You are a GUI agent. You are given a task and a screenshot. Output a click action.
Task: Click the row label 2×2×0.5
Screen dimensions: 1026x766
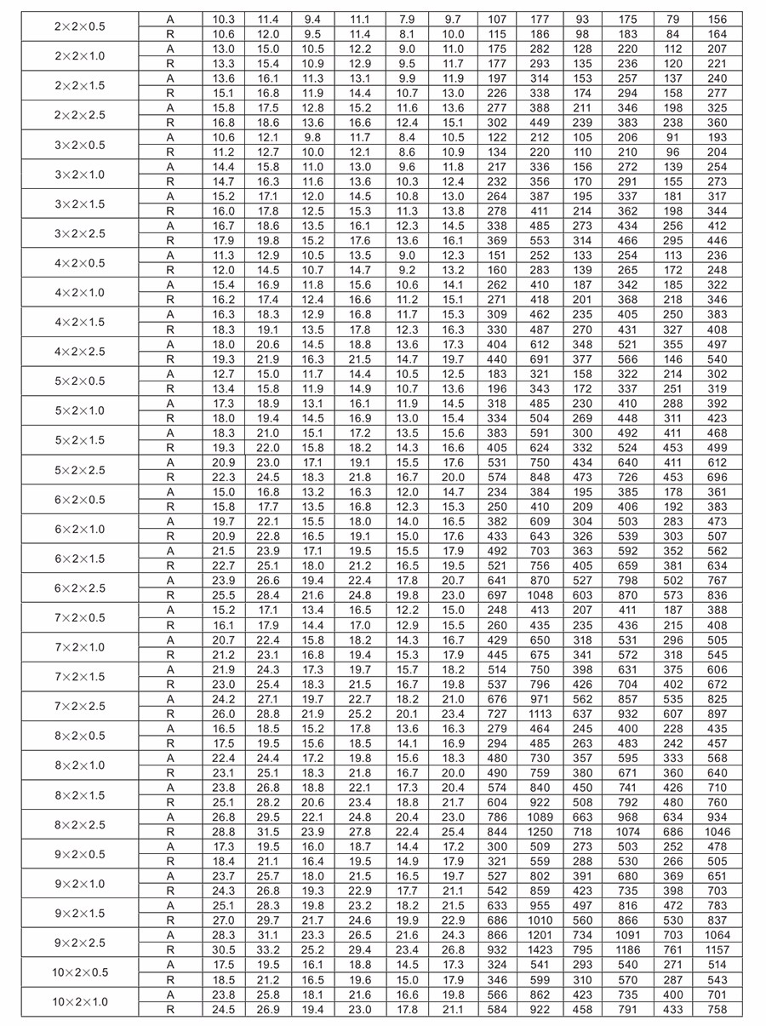[x=80, y=26]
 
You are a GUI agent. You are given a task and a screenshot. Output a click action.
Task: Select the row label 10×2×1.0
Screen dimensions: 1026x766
[x=80, y=1001]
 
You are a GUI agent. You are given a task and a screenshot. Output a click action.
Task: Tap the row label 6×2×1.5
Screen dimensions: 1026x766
[x=80, y=559]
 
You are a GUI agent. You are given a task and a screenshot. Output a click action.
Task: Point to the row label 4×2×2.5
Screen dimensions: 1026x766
[x=80, y=352]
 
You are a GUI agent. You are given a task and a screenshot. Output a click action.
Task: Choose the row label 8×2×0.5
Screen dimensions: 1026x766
[x=80, y=736]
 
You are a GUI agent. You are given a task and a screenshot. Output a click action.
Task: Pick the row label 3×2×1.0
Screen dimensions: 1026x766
[x=80, y=175]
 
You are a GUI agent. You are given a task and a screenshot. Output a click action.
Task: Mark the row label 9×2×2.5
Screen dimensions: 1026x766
[x=80, y=943]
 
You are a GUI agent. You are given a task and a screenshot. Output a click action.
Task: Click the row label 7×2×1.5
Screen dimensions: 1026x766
[x=80, y=677]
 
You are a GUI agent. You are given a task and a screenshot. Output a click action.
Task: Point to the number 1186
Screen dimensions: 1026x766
[x=628, y=949]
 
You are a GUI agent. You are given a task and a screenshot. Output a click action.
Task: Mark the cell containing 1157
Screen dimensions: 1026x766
[x=717, y=949]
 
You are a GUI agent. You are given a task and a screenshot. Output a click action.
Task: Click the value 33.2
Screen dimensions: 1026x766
[x=268, y=949]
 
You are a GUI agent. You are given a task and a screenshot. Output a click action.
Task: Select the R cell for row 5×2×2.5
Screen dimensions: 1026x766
[x=170, y=477]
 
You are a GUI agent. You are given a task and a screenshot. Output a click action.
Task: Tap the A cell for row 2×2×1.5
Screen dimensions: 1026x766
[x=170, y=78]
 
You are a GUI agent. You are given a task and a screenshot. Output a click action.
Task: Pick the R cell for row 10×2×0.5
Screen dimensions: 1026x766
[x=170, y=980]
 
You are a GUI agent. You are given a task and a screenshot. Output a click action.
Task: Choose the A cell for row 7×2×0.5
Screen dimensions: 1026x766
[x=170, y=610]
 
